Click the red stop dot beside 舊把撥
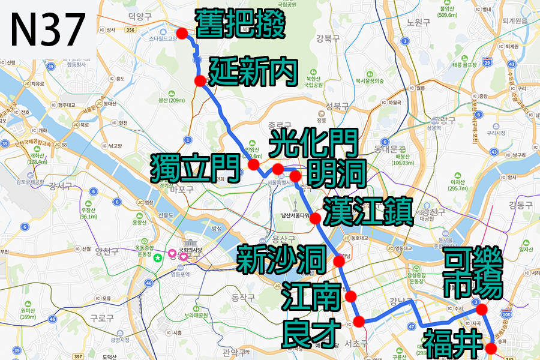pyautogui.click(x=181, y=34)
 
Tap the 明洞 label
pyautogui.click(x=336, y=173)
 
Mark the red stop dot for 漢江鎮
pyautogui.click(x=315, y=218)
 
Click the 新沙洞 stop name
pyautogui.click(x=281, y=259)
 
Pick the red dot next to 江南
pyautogui.click(x=350, y=296)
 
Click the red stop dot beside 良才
pyautogui.click(x=359, y=322)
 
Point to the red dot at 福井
pyautogui.click(x=491, y=347)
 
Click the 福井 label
pyautogui.click(x=453, y=343)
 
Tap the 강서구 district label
pyautogui.click(x=61, y=186)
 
